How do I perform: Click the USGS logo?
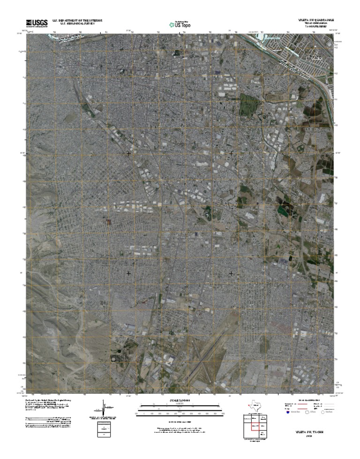tap(37, 23)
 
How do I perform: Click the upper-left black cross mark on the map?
tap(128, 153)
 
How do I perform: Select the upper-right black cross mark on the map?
tap(231, 153)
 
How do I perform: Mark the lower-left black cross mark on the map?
tap(128, 273)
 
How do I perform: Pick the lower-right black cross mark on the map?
tap(231, 273)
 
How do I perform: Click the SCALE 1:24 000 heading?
tap(180, 400)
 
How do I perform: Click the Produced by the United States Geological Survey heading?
tap(47, 400)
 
